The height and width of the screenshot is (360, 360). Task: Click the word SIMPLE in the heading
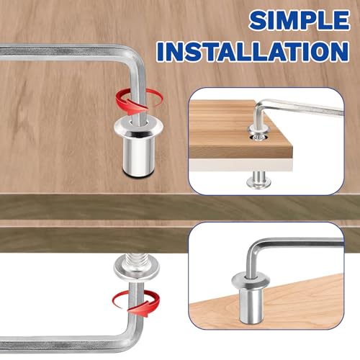coord(300,20)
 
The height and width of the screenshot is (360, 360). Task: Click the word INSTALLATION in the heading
coord(253,51)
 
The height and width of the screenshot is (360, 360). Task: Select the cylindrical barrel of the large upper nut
coord(138,157)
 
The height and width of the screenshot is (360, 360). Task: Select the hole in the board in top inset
coord(258,138)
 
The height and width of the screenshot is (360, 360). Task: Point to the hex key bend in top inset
coord(261,106)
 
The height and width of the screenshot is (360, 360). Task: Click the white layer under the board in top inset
coord(240,165)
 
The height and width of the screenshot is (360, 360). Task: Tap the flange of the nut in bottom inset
coord(251,281)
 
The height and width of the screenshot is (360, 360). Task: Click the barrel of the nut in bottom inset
coord(251,305)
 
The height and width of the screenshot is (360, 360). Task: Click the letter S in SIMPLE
coord(258,20)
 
